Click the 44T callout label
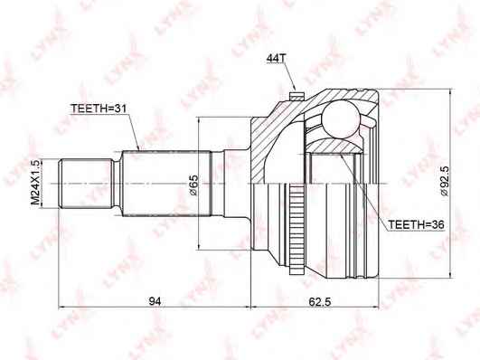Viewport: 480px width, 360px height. pos(276,58)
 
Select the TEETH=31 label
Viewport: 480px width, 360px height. pos(99,109)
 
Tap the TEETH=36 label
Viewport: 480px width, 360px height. pos(416,224)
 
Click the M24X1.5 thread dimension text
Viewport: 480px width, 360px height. pos(35,183)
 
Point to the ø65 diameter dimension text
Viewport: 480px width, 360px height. pos(194,185)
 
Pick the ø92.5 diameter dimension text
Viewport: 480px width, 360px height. pos(444,181)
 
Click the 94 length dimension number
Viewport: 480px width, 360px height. pos(155,301)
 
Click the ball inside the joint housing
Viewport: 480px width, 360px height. pos(341,118)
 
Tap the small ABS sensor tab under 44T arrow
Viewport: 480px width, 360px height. pos(296,96)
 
